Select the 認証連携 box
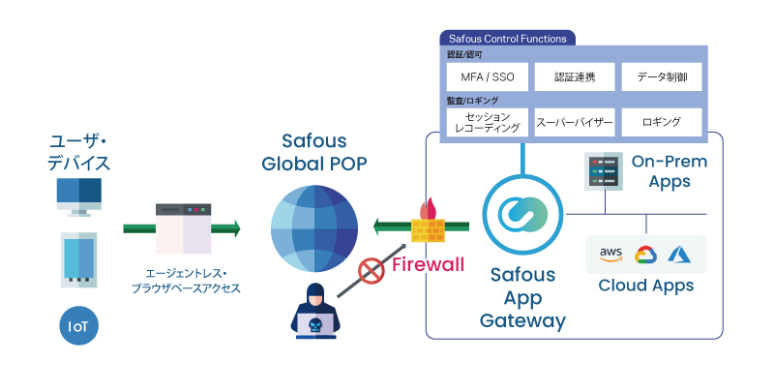pyautogui.click(x=576, y=76)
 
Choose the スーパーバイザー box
pyautogui.click(x=576, y=122)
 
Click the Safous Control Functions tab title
pyautogui.click(x=507, y=39)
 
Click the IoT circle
pyautogui.click(x=78, y=326)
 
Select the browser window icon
pyautogui.click(x=183, y=228)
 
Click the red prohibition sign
pyautogui.click(x=372, y=271)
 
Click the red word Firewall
pyautogui.click(x=428, y=265)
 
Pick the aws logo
pyautogui.click(x=610, y=255)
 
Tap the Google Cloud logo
pyautogui.click(x=645, y=256)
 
